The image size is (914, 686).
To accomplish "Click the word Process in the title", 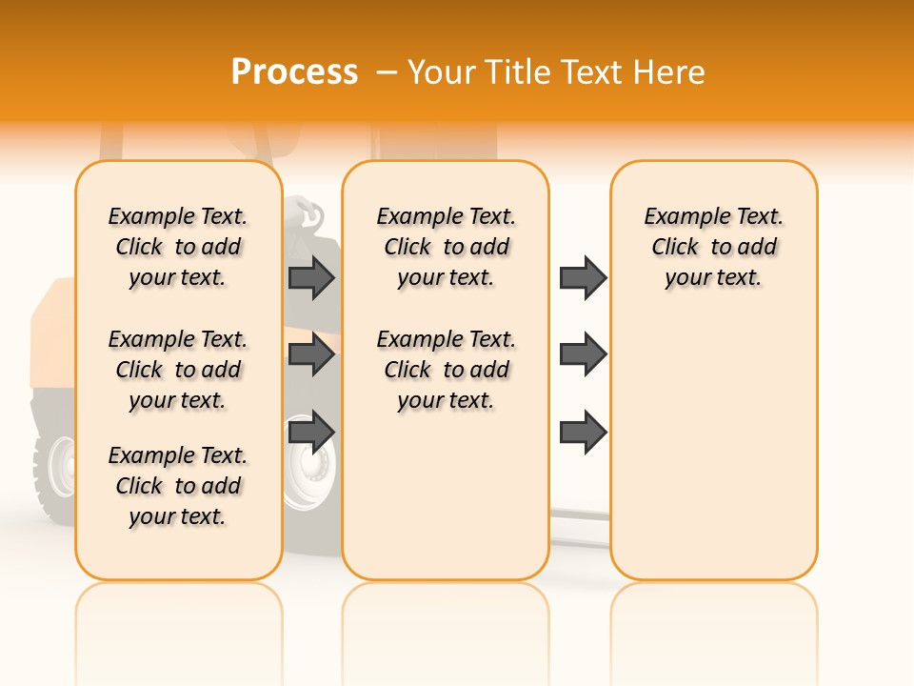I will (294, 71).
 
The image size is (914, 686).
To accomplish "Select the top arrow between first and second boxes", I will (311, 278).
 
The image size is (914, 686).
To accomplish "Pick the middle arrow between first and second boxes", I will (311, 354).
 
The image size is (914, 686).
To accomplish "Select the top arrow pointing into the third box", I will (583, 278).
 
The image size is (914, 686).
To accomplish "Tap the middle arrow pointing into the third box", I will (583, 354).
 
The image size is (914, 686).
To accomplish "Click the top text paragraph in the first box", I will (178, 247).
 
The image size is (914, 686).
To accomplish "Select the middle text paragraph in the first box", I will (178, 370).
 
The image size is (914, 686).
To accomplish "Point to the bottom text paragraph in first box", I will (178, 486).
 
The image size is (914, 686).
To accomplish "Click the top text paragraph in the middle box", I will (446, 247).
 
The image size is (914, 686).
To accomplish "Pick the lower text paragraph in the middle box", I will (446, 370).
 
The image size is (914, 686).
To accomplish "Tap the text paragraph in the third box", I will (714, 247).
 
